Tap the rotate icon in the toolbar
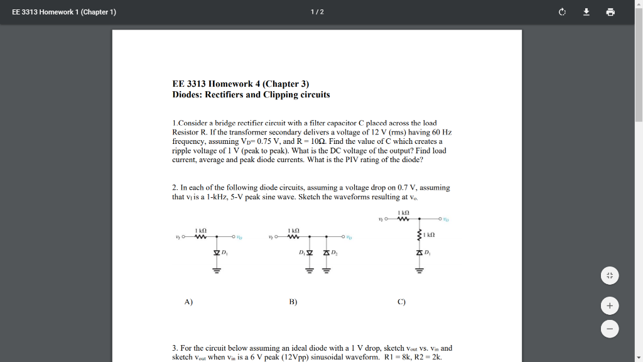(x=562, y=12)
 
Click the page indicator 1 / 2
(x=317, y=12)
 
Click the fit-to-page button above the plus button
(x=609, y=275)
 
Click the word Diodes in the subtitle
(x=187, y=95)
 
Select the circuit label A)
(x=188, y=302)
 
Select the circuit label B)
(x=293, y=302)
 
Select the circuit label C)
(x=401, y=302)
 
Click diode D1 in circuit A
(x=217, y=253)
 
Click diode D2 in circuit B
(x=326, y=253)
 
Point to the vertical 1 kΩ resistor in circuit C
(x=419, y=235)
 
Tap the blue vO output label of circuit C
(x=446, y=219)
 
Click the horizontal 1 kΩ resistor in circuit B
(x=293, y=237)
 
